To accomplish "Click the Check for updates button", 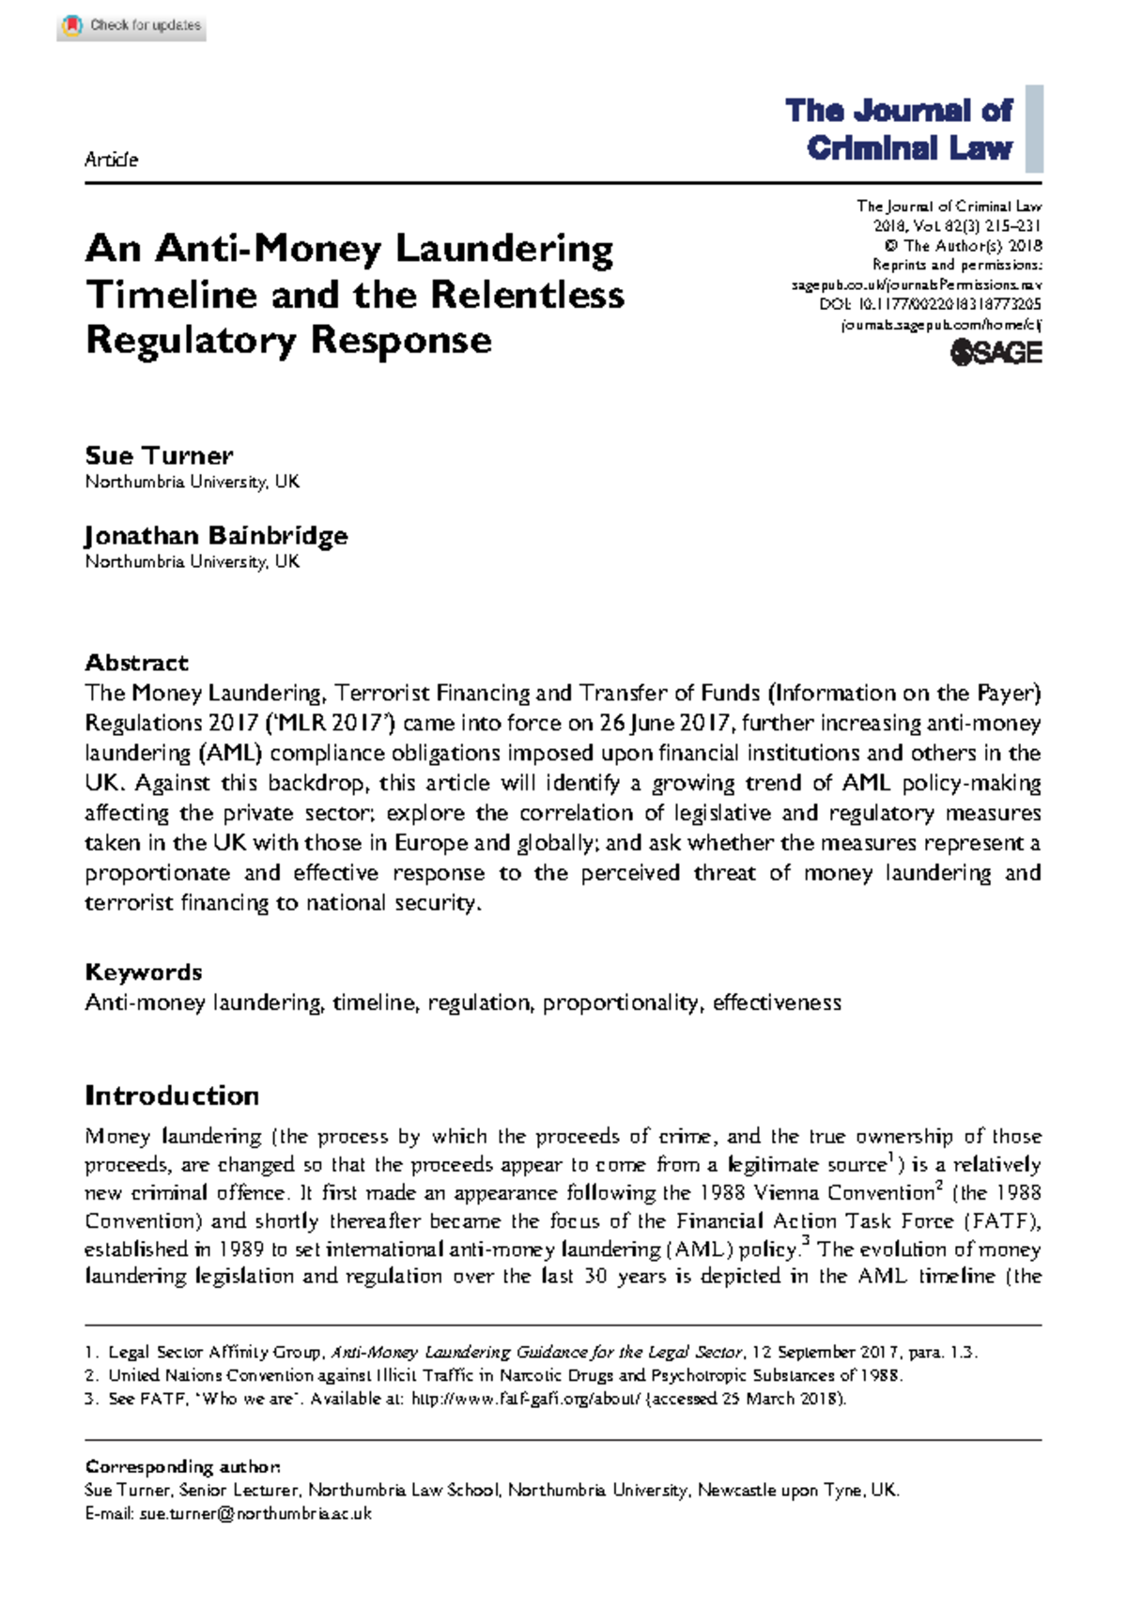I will coord(131,25).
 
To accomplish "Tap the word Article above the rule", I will coord(111,160).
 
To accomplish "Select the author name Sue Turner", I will coord(159,455).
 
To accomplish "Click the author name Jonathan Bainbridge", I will coord(216,535).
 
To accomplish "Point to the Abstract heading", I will coord(136,662).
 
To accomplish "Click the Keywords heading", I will coord(143,972).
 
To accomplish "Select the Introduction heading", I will coord(172,1095).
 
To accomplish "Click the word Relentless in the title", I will coord(527,295).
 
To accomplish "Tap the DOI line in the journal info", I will coord(930,304).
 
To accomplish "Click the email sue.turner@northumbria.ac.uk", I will coord(255,1513).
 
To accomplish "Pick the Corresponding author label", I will coord(182,1466).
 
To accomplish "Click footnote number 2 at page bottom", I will coord(91,1375).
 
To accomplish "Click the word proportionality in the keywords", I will coord(621,1003).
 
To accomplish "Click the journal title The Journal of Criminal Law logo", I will coord(900,129).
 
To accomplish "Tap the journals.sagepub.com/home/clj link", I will coord(941,325).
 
